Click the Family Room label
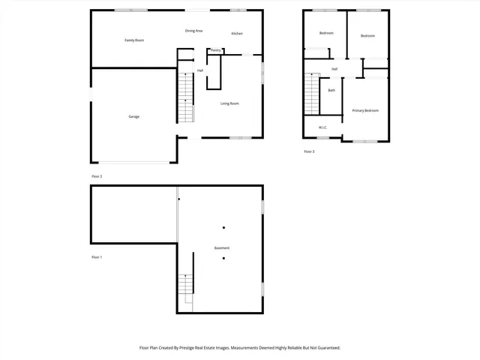point(134,40)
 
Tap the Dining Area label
point(194,31)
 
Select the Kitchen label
point(237,34)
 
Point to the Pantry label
point(215,50)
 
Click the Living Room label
point(229,103)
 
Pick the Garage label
point(133,116)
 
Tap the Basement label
point(221,248)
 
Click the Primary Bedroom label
point(365,110)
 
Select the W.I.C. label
point(322,127)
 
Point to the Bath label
point(331,91)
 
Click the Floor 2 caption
point(97,176)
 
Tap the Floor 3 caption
point(309,151)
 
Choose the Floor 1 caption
point(97,257)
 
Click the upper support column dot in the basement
point(223,227)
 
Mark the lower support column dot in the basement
point(223,259)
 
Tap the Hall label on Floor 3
point(334,69)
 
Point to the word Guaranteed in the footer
point(327,348)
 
